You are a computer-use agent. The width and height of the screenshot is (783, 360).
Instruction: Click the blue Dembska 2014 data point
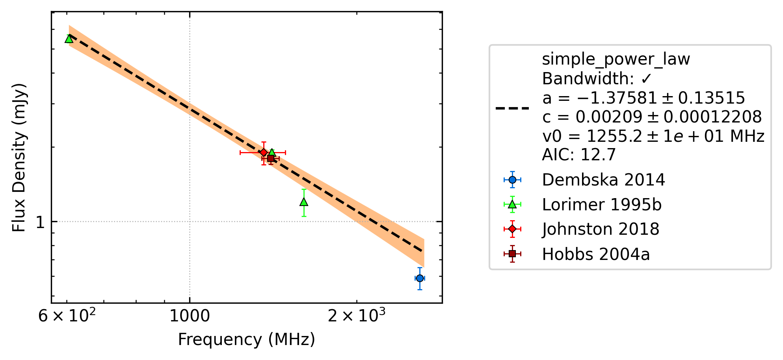click(420, 278)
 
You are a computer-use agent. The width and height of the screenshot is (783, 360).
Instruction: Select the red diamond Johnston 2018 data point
click(264, 152)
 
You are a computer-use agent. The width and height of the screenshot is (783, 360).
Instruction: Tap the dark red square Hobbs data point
click(271, 158)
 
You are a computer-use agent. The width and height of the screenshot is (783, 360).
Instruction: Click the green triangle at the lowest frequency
click(69, 39)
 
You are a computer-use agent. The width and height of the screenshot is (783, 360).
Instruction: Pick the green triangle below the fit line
click(304, 202)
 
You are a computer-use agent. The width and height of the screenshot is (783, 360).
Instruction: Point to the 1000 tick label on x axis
click(190, 316)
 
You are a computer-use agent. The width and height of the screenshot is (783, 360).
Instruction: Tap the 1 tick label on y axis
click(40, 223)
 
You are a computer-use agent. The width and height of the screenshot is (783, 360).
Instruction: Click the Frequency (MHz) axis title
click(247, 340)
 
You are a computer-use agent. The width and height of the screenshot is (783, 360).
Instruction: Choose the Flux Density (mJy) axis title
click(19, 158)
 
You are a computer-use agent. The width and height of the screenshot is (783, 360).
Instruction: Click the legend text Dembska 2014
click(603, 180)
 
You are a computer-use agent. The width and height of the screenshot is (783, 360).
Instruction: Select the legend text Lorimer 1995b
click(602, 205)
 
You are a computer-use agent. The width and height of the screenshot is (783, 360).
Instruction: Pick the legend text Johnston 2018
click(601, 229)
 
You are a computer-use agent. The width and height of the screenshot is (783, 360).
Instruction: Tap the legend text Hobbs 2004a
click(596, 254)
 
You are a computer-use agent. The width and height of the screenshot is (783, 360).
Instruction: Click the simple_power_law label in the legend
click(616, 59)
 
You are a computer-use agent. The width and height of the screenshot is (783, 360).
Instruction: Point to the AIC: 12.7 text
click(579, 155)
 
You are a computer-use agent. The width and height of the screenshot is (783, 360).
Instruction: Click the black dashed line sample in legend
click(512, 108)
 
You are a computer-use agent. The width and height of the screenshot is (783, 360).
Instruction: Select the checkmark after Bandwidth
click(646, 79)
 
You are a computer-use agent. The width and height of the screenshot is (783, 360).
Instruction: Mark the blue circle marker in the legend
click(512, 180)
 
